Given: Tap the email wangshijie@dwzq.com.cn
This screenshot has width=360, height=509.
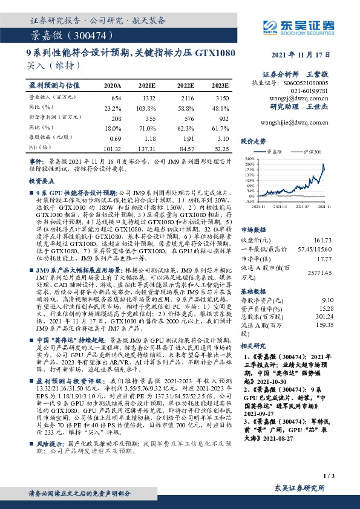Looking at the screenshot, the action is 293,122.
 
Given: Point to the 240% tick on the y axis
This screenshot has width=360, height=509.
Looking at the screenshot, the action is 249,158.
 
